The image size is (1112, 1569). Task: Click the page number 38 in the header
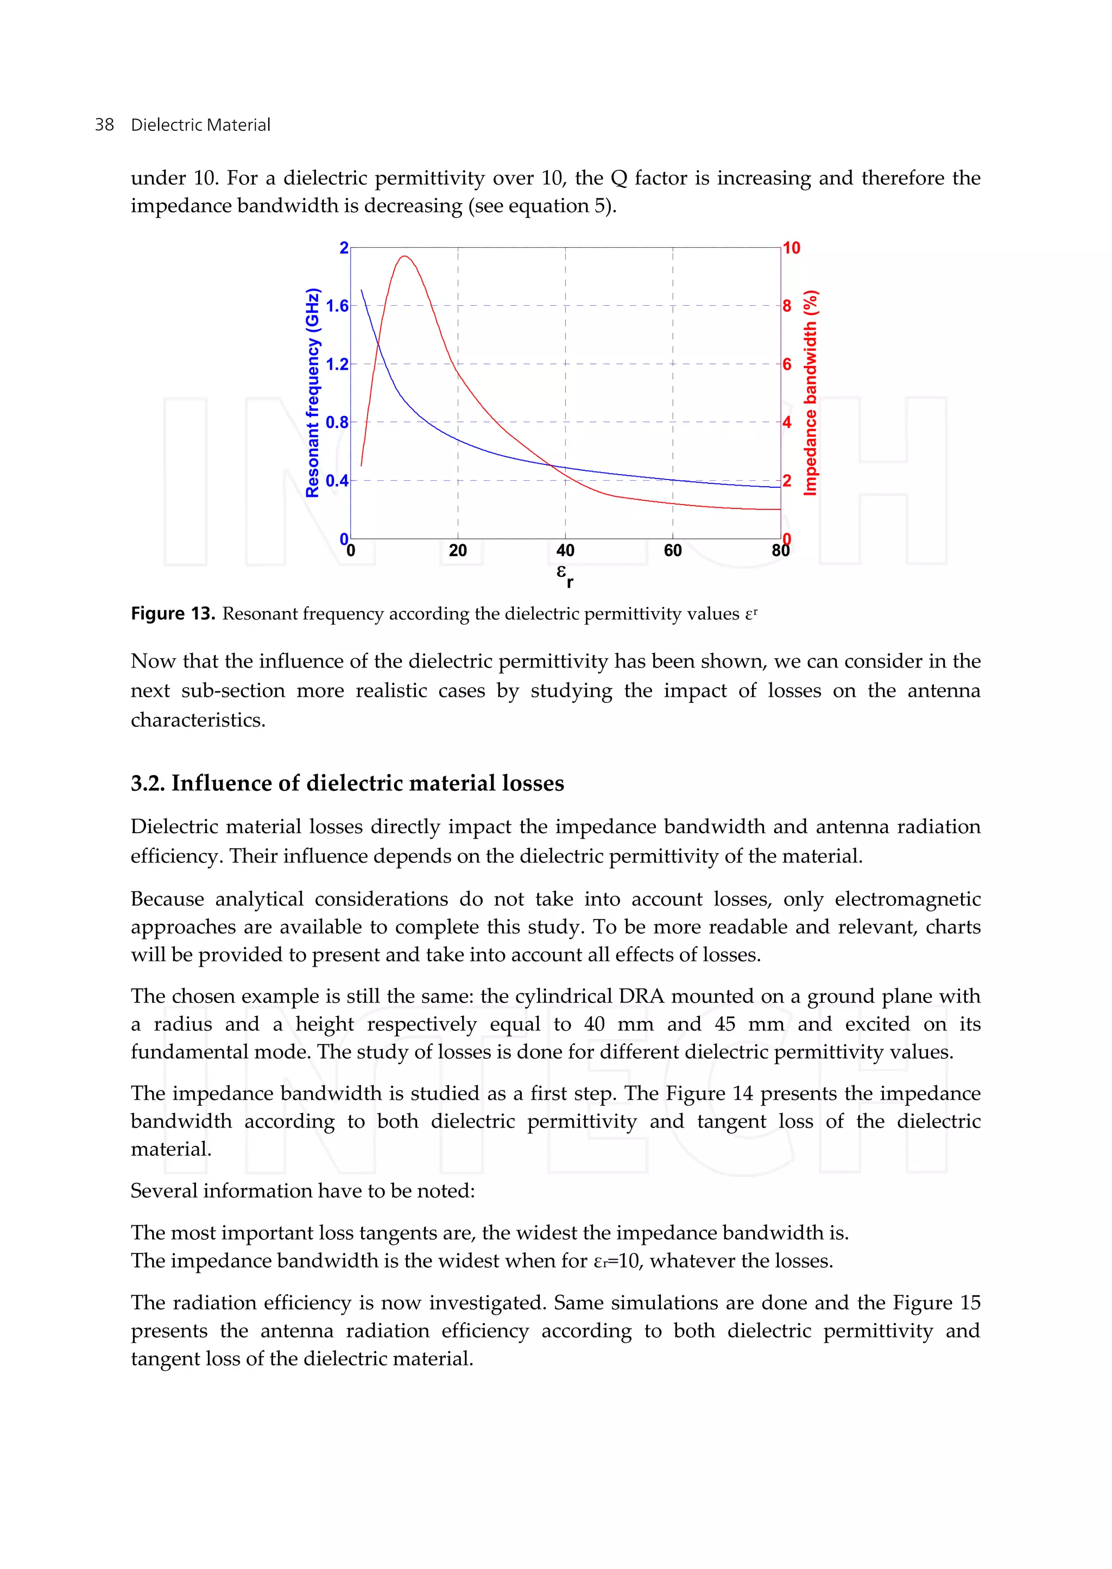(104, 125)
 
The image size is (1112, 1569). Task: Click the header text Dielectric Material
(200, 125)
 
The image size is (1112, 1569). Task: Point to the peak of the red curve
(405, 256)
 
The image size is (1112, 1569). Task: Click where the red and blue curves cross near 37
(550, 465)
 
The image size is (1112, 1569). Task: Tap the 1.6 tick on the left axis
(337, 306)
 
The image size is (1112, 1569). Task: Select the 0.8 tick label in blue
(337, 423)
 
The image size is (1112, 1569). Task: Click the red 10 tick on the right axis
(792, 248)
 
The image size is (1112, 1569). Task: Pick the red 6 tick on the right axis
(787, 364)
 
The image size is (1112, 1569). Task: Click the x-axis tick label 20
(457, 551)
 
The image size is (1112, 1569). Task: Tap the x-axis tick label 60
(672, 551)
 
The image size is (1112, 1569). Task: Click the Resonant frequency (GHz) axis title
(312, 393)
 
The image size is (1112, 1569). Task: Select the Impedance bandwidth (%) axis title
(811, 393)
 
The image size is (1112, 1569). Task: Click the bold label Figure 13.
(173, 614)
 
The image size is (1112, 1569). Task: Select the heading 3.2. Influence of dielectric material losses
(347, 783)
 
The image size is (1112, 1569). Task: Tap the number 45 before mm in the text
(726, 1024)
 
